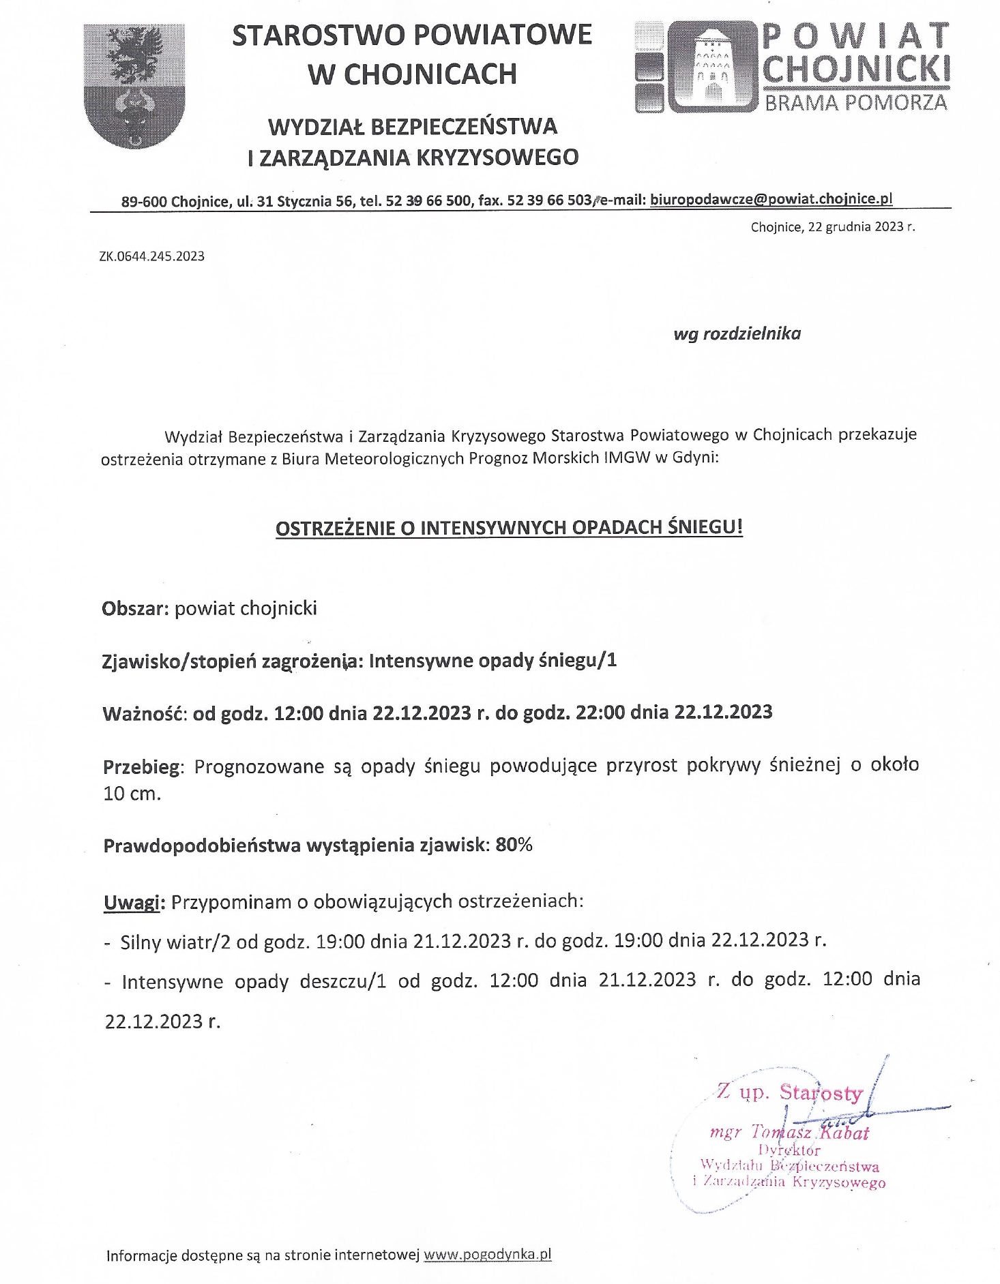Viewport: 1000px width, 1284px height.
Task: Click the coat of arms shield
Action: click(x=134, y=85)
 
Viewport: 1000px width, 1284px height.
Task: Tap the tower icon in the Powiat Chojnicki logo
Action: click(x=713, y=66)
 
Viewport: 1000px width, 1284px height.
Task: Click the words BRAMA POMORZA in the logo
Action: click(x=855, y=103)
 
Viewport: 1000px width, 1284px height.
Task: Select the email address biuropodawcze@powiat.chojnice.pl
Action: click(x=771, y=199)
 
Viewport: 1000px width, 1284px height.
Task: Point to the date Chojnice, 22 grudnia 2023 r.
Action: click(x=832, y=227)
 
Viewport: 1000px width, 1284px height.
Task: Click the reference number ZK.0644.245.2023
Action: click(x=151, y=256)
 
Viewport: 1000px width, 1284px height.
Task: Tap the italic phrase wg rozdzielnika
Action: click(x=737, y=333)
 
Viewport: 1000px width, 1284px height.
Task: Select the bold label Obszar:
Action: click(x=135, y=608)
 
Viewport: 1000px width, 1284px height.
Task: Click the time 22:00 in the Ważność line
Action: click(x=600, y=713)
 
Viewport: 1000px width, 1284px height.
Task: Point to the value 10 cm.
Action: click(x=132, y=794)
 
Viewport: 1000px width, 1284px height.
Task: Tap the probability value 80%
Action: click(x=514, y=845)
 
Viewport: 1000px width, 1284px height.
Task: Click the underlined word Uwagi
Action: click(x=132, y=902)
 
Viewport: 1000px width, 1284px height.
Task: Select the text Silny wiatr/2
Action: click(x=176, y=942)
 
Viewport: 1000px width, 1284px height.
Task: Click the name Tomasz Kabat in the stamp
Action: click(x=810, y=1133)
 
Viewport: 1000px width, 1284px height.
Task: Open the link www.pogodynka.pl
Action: click(x=487, y=1255)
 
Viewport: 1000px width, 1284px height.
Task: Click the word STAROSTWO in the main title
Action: click(x=317, y=35)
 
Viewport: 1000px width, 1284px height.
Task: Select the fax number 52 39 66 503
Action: click(x=550, y=200)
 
